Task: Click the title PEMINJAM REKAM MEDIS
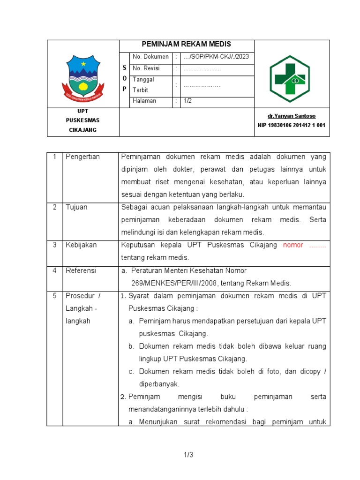(x=187, y=44)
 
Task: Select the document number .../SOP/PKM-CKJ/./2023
(x=216, y=57)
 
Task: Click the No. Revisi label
(x=146, y=68)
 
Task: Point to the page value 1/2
(x=188, y=101)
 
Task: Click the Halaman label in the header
(x=144, y=101)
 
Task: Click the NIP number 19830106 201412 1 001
(x=291, y=125)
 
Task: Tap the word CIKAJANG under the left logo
(x=83, y=130)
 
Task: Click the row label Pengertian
(x=83, y=157)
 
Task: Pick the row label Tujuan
(x=76, y=207)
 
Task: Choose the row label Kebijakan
(x=81, y=245)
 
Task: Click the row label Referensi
(x=81, y=270)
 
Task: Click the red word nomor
(x=293, y=245)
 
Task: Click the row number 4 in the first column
(x=54, y=270)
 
